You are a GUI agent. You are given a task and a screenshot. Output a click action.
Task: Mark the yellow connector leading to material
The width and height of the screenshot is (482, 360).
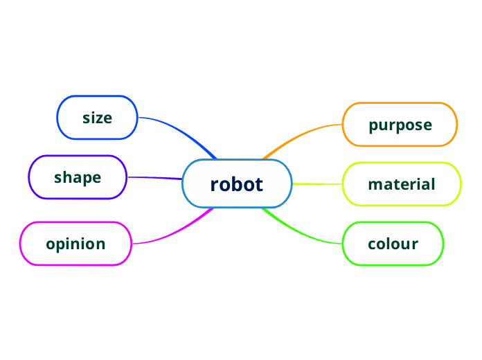(317, 184)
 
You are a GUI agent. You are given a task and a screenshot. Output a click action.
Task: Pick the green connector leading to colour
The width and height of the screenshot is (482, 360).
(305, 235)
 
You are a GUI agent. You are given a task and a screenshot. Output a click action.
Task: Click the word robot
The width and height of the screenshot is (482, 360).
(237, 184)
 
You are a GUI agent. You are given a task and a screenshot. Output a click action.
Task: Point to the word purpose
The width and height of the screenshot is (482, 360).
(400, 125)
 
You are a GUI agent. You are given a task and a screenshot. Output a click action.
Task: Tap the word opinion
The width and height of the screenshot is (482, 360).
(75, 244)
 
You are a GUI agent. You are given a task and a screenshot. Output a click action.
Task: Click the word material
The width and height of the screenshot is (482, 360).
(402, 185)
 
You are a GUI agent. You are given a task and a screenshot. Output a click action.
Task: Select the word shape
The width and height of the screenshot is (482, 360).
(78, 177)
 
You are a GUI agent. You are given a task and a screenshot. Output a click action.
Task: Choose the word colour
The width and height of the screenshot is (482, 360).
(393, 244)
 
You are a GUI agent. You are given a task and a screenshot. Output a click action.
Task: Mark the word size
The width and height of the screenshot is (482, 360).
(97, 118)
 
